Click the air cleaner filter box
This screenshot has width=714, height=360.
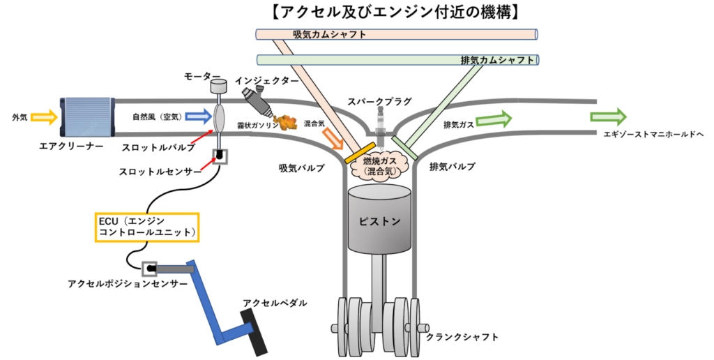coord(87,117)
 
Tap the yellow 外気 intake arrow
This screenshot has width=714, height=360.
coord(43,117)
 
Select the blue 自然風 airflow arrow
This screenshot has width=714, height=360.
coord(195,116)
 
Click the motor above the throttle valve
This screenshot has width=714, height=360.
coord(219,87)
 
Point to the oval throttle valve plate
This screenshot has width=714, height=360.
coord(219,117)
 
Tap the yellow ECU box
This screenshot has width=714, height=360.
coord(147,227)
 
